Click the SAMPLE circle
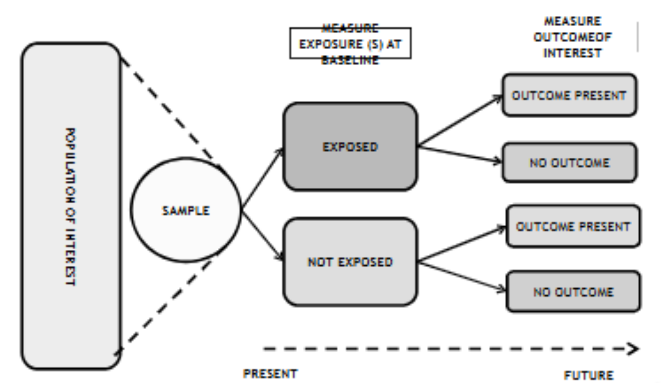pos(185,210)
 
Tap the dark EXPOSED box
pos(350,147)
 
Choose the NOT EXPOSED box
pos(350,262)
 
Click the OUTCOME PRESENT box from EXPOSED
pos(569,95)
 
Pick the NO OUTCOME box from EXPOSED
pos(569,163)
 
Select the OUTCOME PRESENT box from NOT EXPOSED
pos(573,226)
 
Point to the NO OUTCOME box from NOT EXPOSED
pos(573,292)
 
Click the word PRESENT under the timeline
pos(270,374)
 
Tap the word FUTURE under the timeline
pos(589,375)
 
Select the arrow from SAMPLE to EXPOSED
pos(262,179)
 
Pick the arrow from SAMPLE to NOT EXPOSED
pos(262,236)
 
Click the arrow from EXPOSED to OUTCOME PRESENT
pos(460,121)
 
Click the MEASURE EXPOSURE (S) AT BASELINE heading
pos(350,44)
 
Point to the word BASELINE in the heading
pos(350,60)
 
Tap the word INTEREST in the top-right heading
pos(572,53)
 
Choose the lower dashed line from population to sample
pos(166,302)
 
